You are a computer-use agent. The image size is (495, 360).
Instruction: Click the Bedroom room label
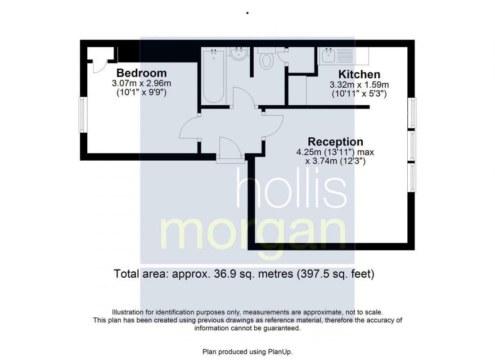[x=141, y=73]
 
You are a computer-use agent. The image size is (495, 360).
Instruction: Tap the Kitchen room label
[x=359, y=74]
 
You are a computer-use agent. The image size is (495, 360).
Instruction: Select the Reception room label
[x=335, y=142]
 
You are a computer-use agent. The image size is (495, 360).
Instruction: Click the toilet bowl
[x=266, y=60]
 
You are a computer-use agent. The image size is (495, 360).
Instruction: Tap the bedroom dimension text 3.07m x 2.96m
[x=141, y=83]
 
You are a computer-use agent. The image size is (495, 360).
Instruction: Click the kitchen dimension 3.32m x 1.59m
[x=359, y=85]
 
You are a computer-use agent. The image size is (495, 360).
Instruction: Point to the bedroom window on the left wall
[x=83, y=115]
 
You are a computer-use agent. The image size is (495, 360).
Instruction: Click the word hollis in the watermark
[x=292, y=192]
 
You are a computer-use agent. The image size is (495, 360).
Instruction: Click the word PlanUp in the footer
[x=281, y=351]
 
